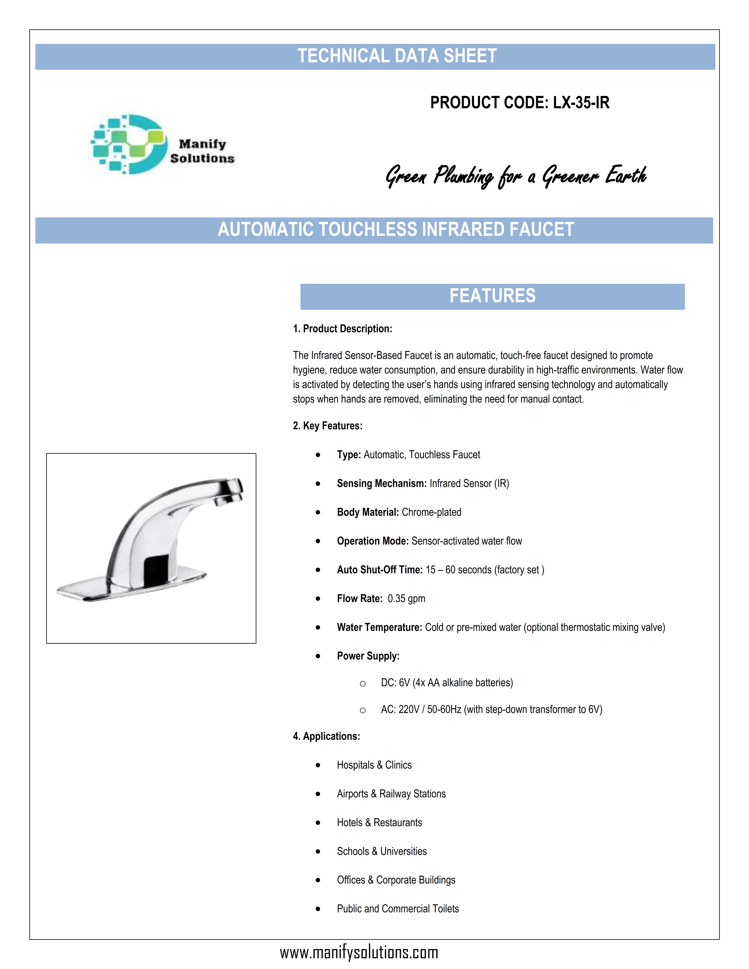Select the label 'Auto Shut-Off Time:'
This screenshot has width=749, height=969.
click(x=379, y=570)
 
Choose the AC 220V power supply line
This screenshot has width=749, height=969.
click(x=491, y=709)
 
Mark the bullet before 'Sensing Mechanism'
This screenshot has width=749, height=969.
click(x=318, y=484)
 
